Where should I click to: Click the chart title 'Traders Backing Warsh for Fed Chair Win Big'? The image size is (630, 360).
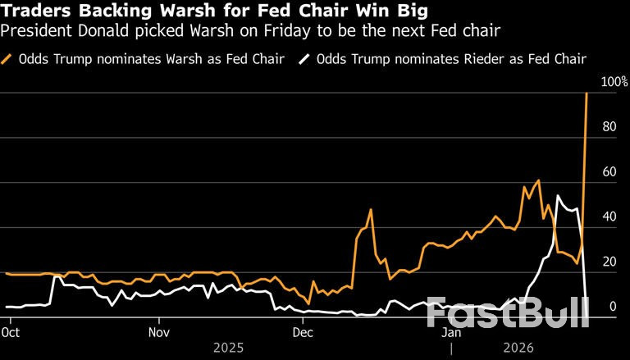214,12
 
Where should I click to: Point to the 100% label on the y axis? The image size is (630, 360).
614,82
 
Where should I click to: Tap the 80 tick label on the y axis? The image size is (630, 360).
608,127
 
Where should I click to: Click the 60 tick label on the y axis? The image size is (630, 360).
608,172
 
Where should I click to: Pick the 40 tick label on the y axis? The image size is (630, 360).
608,217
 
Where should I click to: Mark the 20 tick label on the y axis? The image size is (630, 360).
608,262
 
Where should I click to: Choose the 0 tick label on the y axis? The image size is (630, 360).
610,307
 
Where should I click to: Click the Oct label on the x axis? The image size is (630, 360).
11,333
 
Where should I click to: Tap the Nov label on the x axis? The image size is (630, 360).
159,333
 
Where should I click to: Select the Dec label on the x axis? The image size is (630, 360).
303,333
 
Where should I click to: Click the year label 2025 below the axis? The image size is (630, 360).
229,347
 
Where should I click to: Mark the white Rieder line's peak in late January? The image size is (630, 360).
558,195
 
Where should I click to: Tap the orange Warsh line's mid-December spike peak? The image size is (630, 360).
371,209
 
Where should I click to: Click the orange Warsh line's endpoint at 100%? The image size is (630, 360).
587,93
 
